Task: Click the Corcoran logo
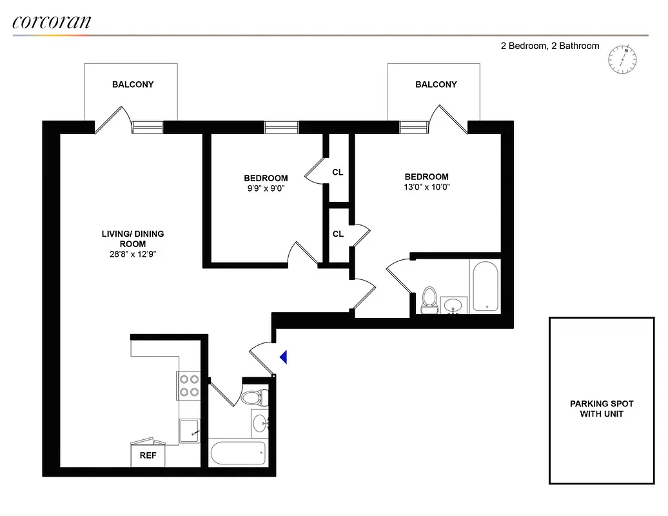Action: tap(52, 21)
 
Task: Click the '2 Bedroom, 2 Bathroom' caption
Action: tap(550, 46)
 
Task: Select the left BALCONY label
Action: tap(133, 84)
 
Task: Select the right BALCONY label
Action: tap(436, 84)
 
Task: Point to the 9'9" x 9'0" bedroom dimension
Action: tap(265, 188)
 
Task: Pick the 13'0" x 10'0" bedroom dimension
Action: tap(426, 187)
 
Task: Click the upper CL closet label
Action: tap(338, 172)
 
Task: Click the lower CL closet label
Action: tap(338, 234)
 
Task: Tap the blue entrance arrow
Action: tap(283, 357)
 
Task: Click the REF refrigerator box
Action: tap(148, 455)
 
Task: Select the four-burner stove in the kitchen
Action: tap(189, 386)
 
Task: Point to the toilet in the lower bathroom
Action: tap(251, 397)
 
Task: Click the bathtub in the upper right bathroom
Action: tap(485, 287)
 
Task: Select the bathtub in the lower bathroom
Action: tap(237, 451)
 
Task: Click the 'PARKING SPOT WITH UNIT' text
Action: tap(601, 408)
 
